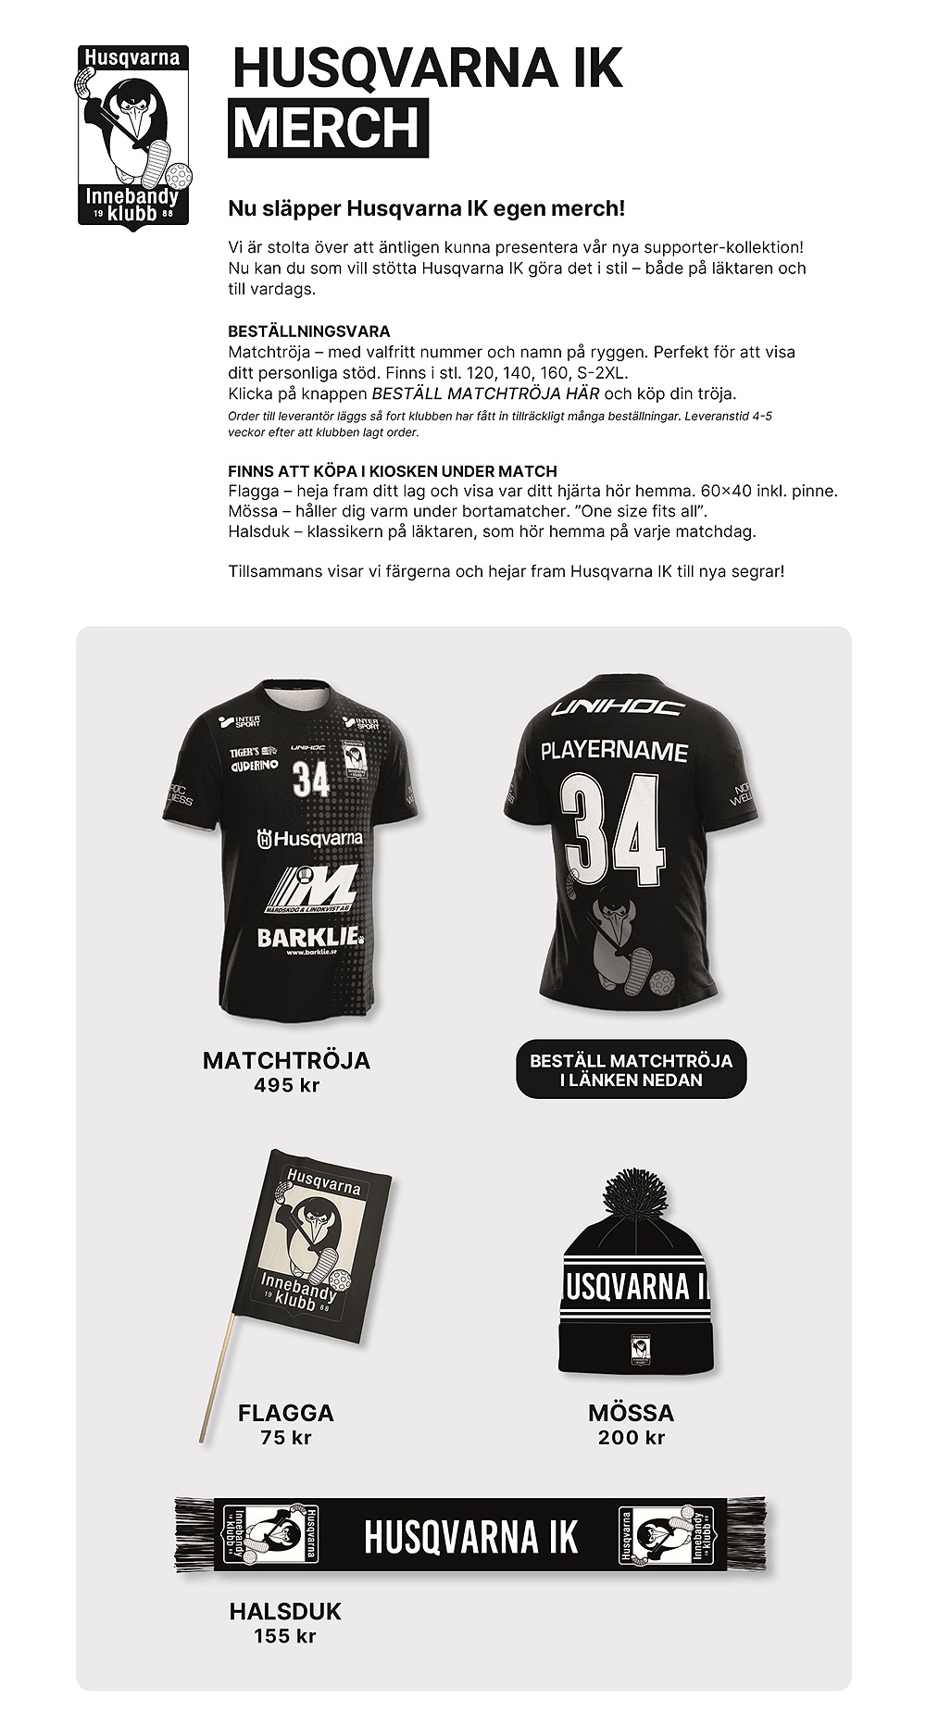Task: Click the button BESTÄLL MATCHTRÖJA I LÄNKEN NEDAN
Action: [631, 1070]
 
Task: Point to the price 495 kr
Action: [286, 1085]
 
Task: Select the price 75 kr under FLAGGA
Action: [286, 1437]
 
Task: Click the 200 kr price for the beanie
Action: [631, 1437]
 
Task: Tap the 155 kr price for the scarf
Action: [285, 1636]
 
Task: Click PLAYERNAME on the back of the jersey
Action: [614, 751]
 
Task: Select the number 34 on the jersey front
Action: [310, 779]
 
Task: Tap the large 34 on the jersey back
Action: [616, 831]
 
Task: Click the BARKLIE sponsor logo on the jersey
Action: [308, 937]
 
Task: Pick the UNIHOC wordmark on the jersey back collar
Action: [617, 708]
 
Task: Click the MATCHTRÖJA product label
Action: [286, 1060]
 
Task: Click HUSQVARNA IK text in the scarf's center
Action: [470, 1537]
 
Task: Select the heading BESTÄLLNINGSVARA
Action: [309, 331]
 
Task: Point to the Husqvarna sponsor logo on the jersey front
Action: [309, 839]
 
